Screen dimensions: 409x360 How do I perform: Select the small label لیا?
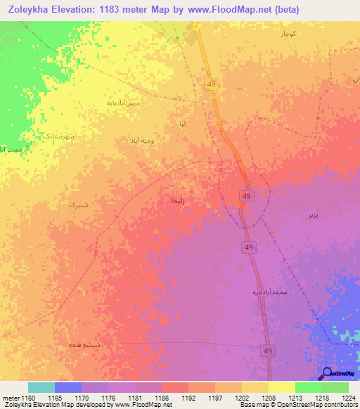coord(182,124)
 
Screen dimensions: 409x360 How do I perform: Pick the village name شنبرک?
coord(78,204)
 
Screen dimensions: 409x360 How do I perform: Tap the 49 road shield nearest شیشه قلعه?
coord(269,351)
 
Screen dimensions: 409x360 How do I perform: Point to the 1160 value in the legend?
coord(27,398)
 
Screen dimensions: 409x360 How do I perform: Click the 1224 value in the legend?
coord(347,398)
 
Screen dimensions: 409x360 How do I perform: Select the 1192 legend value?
coord(188,398)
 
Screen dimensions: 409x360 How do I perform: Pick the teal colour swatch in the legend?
coord(41,387)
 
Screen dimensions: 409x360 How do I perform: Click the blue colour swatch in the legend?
coord(68,387)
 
